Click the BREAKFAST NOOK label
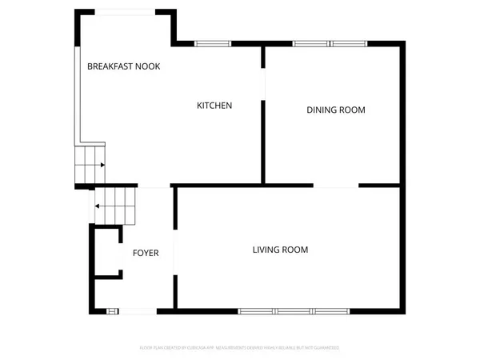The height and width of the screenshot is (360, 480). click(123, 66)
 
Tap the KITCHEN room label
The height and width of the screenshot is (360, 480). click(214, 106)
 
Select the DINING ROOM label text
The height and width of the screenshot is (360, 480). click(335, 110)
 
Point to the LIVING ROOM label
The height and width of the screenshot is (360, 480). click(280, 250)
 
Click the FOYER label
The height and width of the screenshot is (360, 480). click(146, 253)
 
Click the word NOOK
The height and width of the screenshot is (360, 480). click(147, 66)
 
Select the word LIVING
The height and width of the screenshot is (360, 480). click(266, 250)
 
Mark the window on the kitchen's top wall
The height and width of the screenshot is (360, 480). click(212, 43)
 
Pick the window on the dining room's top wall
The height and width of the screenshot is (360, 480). click(324, 43)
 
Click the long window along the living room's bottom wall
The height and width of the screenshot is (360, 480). click(294, 310)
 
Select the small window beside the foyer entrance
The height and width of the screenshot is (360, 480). click(113, 310)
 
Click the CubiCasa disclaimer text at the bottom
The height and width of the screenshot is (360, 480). click(240, 348)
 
